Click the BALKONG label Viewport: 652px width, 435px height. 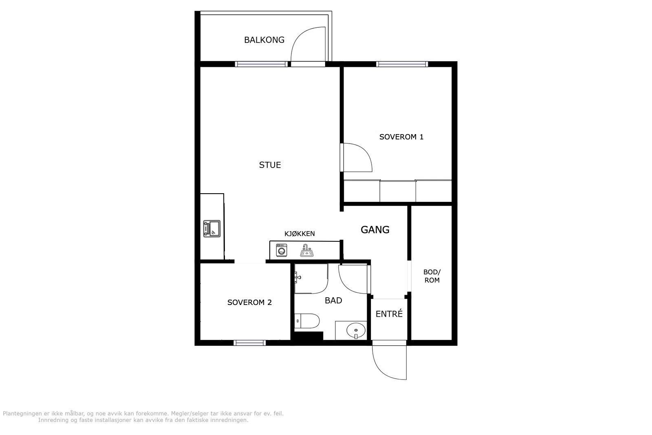(264, 40)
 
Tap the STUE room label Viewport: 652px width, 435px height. (270, 165)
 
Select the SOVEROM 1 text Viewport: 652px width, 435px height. (401, 137)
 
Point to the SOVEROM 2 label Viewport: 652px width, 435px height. (249, 303)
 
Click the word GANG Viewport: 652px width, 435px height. (375, 230)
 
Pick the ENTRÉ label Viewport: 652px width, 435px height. (389, 314)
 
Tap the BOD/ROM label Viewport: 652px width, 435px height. (432, 276)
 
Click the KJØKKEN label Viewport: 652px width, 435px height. (300, 234)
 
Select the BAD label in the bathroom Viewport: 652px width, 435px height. (333, 300)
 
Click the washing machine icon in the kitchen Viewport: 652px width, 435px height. (282, 250)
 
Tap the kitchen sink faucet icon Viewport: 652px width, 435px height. (306, 251)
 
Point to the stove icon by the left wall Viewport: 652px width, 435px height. (211, 229)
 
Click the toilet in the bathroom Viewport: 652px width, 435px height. (307, 321)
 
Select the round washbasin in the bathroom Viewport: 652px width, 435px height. (356, 331)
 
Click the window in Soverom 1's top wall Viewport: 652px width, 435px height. (402, 64)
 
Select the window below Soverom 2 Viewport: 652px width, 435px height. (250, 343)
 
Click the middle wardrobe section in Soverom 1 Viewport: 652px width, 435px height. (398, 191)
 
